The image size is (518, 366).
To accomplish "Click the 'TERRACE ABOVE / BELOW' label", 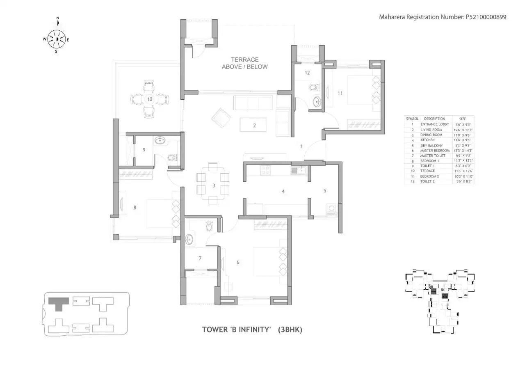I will [244, 63].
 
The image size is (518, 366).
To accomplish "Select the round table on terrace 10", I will [150, 99].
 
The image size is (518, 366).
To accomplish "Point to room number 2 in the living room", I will [254, 126].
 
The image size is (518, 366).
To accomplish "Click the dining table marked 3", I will [213, 185].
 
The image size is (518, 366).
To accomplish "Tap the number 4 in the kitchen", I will [283, 191].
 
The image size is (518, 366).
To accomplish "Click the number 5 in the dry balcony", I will [324, 190].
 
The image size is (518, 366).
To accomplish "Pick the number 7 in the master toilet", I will [200, 258].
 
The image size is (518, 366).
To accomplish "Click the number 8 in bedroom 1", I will [135, 208].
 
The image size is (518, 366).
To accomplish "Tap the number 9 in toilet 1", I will [144, 150].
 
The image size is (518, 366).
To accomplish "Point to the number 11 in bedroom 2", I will [340, 93].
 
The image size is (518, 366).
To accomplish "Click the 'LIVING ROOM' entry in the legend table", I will [431, 129].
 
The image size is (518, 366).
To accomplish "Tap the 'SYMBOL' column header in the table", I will [412, 119].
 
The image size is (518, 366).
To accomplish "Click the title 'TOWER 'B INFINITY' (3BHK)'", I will [252, 329].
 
